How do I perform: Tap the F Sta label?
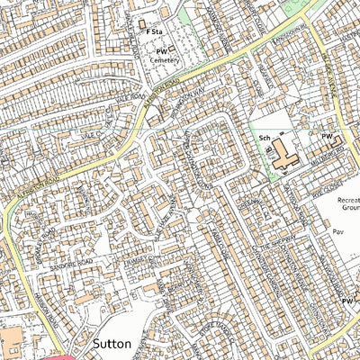point(154,31)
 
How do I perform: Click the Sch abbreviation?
point(265,139)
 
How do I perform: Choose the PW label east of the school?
point(328,135)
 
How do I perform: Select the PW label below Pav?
point(347,301)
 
